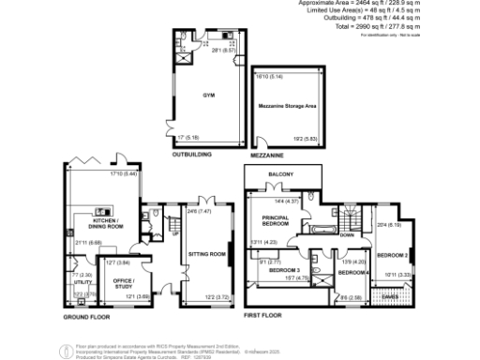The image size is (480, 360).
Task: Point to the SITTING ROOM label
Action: click(x=208, y=253)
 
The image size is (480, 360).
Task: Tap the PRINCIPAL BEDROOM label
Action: click(x=274, y=221)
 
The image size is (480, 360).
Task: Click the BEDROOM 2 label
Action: click(x=391, y=255)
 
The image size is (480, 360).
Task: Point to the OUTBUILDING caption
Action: click(x=191, y=155)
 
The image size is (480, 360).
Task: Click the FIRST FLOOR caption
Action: click(x=262, y=316)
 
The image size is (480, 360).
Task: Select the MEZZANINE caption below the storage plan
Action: click(x=268, y=155)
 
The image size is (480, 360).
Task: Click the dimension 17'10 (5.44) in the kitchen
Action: click(x=124, y=173)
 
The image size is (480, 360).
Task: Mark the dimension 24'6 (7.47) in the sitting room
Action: click(x=198, y=212)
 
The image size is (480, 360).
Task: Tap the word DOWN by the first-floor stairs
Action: click(x=346, y=235)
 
